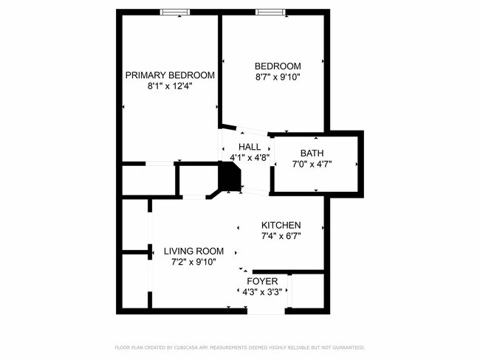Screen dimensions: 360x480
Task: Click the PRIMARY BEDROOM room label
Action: pos(170,75)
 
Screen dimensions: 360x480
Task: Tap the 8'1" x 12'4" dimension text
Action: pos(170,86)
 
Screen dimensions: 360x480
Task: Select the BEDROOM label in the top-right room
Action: pos(278,66)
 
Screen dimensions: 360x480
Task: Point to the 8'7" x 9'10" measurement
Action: pos(278,77)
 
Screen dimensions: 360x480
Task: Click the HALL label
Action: pos(249,147)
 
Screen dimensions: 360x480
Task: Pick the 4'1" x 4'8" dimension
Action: pos(249,157)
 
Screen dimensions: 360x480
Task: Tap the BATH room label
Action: pos(312,153)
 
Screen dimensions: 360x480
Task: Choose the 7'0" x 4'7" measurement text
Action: pos(312,164)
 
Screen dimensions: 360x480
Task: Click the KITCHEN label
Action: pos(281,225)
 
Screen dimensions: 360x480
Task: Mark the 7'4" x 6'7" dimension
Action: pos(281,236)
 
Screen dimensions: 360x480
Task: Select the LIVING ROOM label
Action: pos(193,251)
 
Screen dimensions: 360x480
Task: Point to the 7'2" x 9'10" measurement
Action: pos(193,261)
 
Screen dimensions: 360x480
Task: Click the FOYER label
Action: pos(262,282)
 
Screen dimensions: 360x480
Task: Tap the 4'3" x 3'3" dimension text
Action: pos(262,292)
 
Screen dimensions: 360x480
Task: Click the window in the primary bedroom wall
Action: pos(174,12)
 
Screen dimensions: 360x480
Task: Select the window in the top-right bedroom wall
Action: pos(268,12)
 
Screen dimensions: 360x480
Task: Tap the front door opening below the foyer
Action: pos(266,311)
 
